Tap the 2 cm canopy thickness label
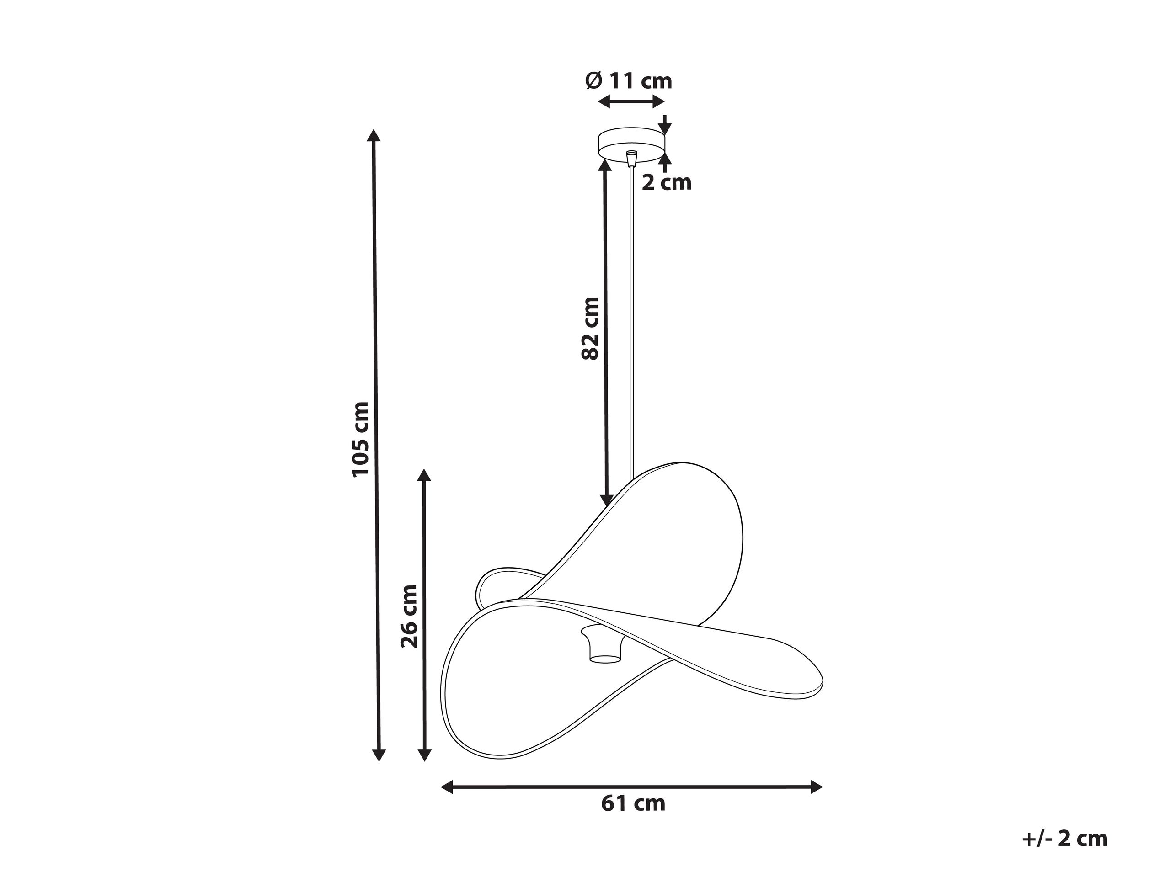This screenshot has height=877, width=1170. click(667, 182)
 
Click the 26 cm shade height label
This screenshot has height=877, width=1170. click(409, 616)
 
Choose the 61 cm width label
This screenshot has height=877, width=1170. click(633, 803)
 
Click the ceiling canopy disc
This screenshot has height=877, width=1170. click(631, 143)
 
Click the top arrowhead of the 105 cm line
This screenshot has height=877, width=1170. click(374, 135)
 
